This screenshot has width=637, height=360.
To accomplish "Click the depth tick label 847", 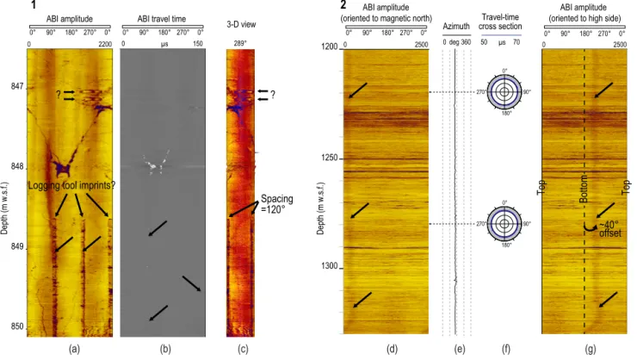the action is click(17, 87).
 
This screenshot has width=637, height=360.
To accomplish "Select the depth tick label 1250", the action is click(329, 158).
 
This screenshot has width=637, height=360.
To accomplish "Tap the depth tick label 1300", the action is click(329, 266).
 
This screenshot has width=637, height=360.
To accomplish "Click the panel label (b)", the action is click(165, 349).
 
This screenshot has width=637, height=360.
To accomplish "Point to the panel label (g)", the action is click(590, 349).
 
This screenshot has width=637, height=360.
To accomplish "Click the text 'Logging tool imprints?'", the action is click(71, 186).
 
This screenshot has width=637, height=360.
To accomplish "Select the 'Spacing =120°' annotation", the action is click(276, 204).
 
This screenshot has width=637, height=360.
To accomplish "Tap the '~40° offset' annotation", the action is click(609, 229).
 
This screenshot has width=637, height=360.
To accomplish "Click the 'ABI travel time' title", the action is click(162, 19).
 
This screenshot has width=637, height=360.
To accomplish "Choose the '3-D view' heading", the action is click(241, 24).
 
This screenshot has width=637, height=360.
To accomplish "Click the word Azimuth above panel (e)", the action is click(456, 27).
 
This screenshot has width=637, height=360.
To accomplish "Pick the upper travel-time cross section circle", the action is click(504, 92).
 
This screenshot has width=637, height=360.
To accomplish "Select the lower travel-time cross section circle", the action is click(504, 224).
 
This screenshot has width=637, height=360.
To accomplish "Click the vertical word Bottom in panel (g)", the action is click(584, 189).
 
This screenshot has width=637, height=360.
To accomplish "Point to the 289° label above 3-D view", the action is click(240, 43).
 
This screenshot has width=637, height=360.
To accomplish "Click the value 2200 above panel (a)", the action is click(105, 44).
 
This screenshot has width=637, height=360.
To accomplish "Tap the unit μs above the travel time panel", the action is click(164, 44).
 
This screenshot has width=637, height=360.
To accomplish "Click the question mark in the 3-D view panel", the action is click(273, 95).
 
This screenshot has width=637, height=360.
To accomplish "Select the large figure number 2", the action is click(343, 5).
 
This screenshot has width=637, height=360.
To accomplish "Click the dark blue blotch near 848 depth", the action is click(61, 168).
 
